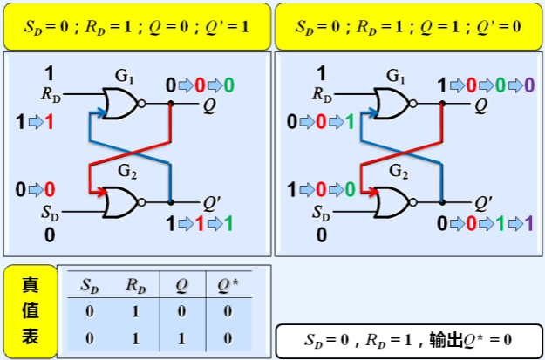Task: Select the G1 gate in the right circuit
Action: point(392,103)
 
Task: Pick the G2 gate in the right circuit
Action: point(392,202)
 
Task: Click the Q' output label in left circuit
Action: point(212,202)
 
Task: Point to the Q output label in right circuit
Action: point(481,105)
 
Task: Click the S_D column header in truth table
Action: point(90,284)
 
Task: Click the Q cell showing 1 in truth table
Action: point(181,336)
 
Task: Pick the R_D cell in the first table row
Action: point(135,311)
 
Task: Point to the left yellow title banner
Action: point(135,26)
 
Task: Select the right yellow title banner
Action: point(408,26)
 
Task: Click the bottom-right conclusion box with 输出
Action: point(408,338)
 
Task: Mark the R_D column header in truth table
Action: point(135,284)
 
